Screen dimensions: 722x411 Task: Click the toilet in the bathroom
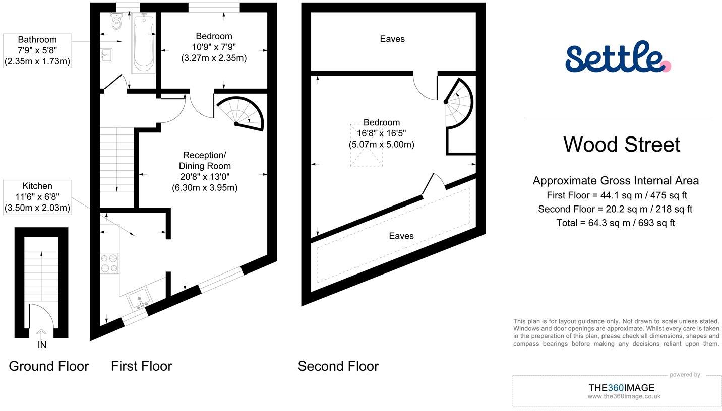[x=117, y=21]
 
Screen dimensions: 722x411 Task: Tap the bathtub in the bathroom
[x=144, y=43]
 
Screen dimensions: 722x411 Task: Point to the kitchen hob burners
[x=110, y=262]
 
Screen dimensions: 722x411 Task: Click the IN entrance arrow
[x=42, y=333]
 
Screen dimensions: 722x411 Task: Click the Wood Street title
[x=621, y=145]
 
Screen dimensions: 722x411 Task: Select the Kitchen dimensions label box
[x=37, y=197]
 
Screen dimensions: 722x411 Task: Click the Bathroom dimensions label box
[x=37, y=51]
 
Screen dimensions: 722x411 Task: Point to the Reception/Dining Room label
[x=204, y=171]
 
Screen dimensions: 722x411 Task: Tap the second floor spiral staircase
[x=458, y=104]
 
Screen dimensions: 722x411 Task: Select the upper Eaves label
[x=392, y=39]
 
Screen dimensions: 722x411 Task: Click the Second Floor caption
[x=338, y=366]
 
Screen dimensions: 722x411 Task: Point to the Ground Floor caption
[x=48, y=366]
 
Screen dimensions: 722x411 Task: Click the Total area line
[x=615, y=223]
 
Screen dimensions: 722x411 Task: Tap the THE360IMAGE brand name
[x=621, y=387]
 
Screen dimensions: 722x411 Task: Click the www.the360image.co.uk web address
[x=624, y=396]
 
